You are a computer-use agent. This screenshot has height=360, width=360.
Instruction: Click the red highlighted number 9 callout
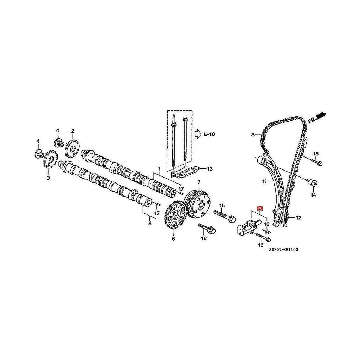pyautogui.click(x=260, y=208)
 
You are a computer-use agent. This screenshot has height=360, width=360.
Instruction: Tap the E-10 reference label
pyautogui.click(x=210, y=134)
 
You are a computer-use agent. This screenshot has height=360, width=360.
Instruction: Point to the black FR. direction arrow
pyautogui.click(x=321, y=115)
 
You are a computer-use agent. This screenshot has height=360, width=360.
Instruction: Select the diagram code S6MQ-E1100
pyautogui.click(x=284, y=249)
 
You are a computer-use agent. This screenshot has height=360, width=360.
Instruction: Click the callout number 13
pyautogui.click(x=210, y=169)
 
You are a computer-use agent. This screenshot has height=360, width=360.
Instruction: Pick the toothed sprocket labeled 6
pyautogui.click(x=175, y=214)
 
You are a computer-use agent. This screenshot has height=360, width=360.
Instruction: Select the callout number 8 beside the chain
pyautogui.click(x=253, y=135)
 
